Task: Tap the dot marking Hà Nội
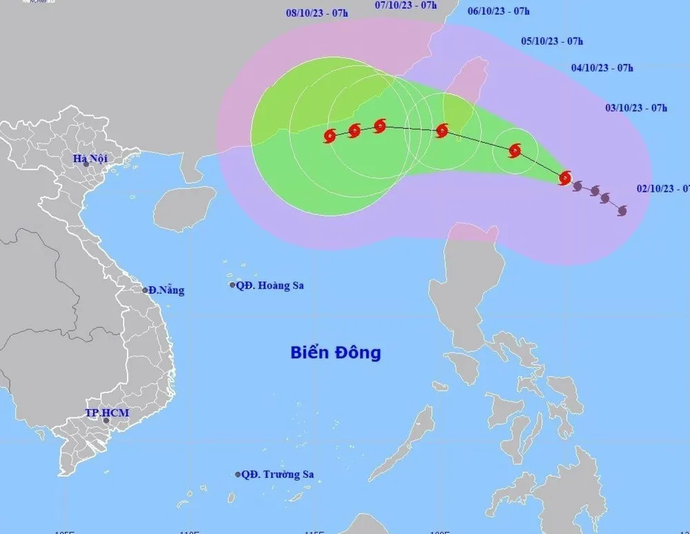[86, 164]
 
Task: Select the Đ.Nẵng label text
[166, 290]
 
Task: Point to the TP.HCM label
[107, 413]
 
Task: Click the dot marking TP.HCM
[106, 420]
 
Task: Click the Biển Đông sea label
[335, 353]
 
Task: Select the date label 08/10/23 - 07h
[317, 12]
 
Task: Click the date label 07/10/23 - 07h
[406, 5]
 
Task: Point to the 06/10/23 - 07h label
[498, 11]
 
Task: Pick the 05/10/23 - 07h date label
[552, 41]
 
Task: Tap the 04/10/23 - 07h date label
[602, 68]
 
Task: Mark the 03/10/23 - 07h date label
[636, 108]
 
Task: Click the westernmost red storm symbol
[330, 135]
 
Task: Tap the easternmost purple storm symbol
[622, 210]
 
